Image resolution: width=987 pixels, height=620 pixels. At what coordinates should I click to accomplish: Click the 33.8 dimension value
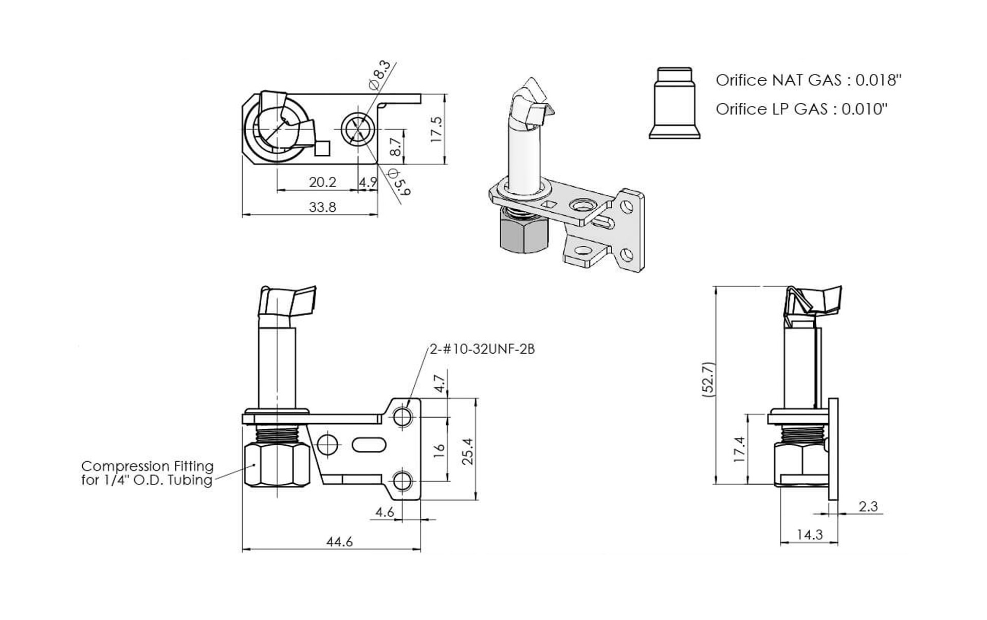(322, 207)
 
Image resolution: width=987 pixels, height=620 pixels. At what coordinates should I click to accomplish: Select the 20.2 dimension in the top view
(322, 182)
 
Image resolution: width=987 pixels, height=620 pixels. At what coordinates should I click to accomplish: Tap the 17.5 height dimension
(436, 129)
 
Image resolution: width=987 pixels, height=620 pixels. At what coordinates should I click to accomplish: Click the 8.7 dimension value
(395, 147)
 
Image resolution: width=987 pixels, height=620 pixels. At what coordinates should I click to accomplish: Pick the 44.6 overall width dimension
(339, 541)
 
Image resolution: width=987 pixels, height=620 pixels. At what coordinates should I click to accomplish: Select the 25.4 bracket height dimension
(467, 451)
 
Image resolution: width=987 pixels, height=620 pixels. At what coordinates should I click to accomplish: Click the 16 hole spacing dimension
(438, 450)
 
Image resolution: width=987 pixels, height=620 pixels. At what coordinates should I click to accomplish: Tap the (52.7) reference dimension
(708, 378)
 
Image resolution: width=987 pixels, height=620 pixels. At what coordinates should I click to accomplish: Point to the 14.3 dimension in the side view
(810, 535)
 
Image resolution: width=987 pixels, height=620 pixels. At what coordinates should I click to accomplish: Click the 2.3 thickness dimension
(868, 506)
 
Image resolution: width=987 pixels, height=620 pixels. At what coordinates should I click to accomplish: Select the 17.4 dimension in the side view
(739, 449)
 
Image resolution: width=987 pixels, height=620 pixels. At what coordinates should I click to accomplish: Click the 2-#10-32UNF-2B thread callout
(482, 349)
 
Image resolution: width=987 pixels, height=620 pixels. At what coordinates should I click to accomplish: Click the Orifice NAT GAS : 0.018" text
(808, 80)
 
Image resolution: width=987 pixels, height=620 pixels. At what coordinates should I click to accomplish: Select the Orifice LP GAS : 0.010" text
(801, 109)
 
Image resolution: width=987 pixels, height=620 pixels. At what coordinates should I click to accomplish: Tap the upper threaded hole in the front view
(403, 417)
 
